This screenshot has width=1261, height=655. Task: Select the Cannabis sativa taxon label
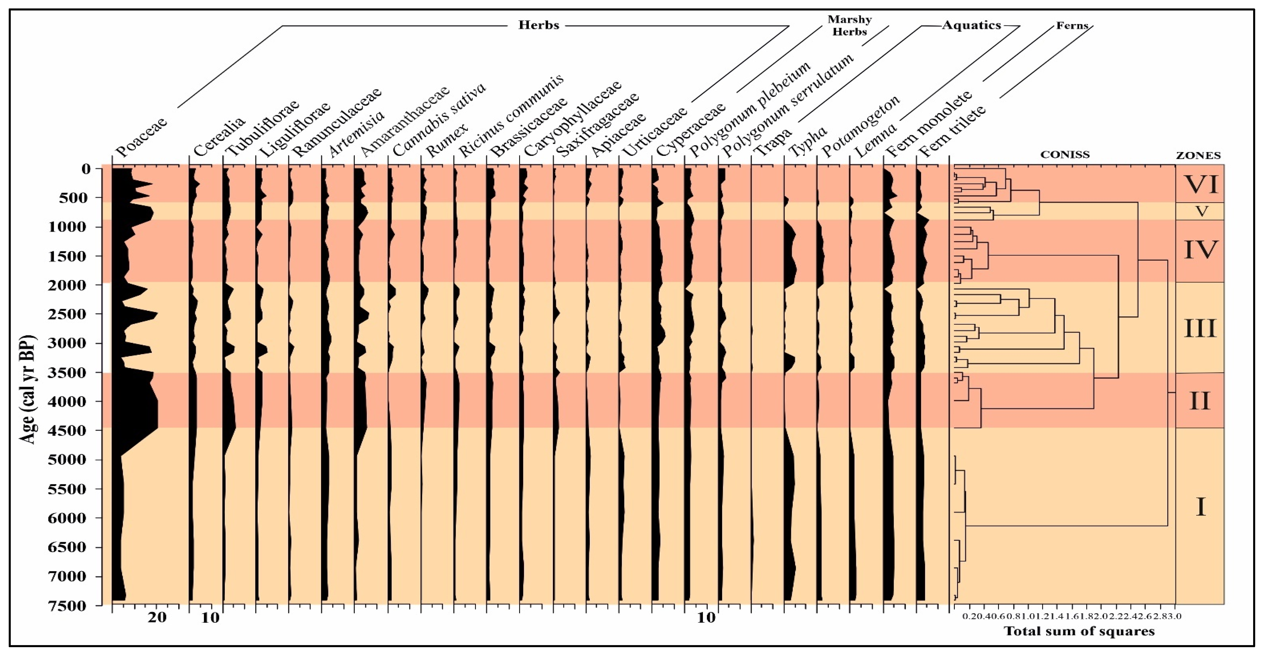[x=439, y=120]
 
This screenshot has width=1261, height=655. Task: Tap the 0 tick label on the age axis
[x=87, y=169]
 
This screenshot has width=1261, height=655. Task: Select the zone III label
[x=1200, y=328]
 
